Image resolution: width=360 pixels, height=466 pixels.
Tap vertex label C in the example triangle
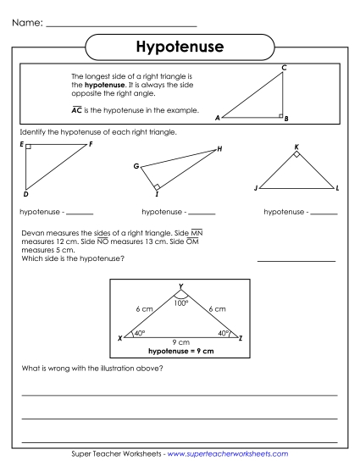(284, 67)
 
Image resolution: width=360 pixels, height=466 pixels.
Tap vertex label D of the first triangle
(25, 193)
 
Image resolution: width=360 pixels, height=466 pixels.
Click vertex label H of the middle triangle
(219, 149)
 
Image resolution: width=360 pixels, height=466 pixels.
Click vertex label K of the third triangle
(296, 147)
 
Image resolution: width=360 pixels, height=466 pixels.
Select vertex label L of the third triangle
(337, 187)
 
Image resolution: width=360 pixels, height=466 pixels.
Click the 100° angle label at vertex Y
(180, 302)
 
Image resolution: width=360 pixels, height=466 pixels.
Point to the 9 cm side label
(180, 341)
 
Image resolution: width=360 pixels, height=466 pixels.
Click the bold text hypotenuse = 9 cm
(180, 349)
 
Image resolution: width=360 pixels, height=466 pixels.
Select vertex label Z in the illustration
(241, 338)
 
